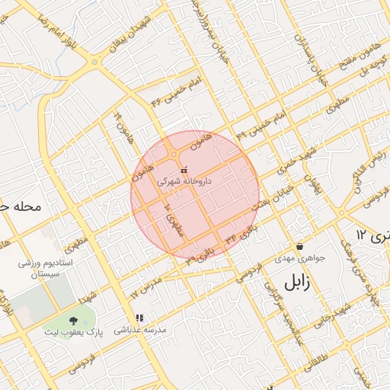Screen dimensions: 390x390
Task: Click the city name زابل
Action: pyautogui.click(x=292, y=283)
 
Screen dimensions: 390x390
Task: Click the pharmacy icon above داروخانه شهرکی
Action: pyautogui.click(x=183, y=169)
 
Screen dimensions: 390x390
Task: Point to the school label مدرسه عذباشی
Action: pyautogui.click(x=139, y=330)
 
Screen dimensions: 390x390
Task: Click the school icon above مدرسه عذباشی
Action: pyautogui.click(x=139, y=318)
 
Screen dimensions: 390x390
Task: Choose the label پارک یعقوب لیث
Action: pyautogui.click(x=74, y=334)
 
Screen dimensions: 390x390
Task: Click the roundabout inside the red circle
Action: pyautogui.click(x=174, y=155)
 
